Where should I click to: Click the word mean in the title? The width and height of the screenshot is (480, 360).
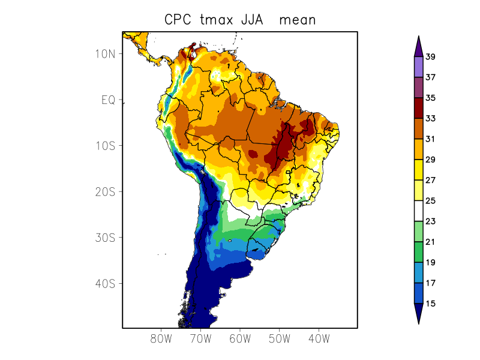301,20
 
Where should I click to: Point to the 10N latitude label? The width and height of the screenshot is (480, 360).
106,53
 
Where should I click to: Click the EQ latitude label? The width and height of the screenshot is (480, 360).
108,100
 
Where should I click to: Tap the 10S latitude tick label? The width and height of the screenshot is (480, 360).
106,146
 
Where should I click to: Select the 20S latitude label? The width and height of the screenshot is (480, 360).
106,191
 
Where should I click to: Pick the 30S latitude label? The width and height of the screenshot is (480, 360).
106,238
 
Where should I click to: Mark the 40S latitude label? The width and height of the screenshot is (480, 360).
106,283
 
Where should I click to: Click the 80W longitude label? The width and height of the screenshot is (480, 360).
161,338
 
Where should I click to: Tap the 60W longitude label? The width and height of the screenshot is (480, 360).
240,338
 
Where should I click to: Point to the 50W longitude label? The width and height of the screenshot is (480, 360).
279,338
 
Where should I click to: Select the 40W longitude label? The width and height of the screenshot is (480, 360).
319,338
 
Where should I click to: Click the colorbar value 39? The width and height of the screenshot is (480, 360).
430,57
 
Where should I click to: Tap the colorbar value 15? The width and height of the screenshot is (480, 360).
430,304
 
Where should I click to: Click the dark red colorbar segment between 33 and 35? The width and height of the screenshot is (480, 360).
419,108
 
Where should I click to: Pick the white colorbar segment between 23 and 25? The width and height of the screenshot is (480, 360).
419,211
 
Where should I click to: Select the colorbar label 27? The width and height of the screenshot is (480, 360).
430,180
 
